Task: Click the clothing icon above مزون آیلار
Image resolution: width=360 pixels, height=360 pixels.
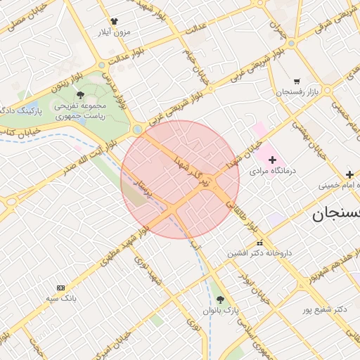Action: pyautogui.click(x=115, y=21)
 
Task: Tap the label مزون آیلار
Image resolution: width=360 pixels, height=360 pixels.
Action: pyautogui.click(x=115, y=32)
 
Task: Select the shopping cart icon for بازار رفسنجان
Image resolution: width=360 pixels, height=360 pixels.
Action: pyautogui.click(x=297, y=82)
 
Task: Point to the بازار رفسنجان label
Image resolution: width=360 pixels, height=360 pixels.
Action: pyautogui.click(x=297, y=92)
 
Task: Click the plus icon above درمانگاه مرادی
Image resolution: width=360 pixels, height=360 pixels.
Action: pyautogui.click(x=273, y=160)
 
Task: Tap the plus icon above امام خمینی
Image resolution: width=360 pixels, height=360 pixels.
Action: pyautogui.click(x=349, y=174)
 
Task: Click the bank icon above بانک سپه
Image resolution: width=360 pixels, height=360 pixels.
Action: pyautogui.click(x=60, y=288)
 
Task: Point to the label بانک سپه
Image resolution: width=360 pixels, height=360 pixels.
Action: pyautogui.click(x=60, y=298)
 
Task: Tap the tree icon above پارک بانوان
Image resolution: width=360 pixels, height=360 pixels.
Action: pyautogui.click(x=221, y=300)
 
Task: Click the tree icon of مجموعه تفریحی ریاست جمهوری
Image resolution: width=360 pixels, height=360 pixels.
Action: pyautogui.click(x=80, y=94)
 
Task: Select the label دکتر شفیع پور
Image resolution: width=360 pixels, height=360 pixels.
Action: pyautogui.click(x=326, y=309)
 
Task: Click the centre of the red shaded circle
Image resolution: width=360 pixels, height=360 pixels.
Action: pyautogui.click(x=180, y=179)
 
